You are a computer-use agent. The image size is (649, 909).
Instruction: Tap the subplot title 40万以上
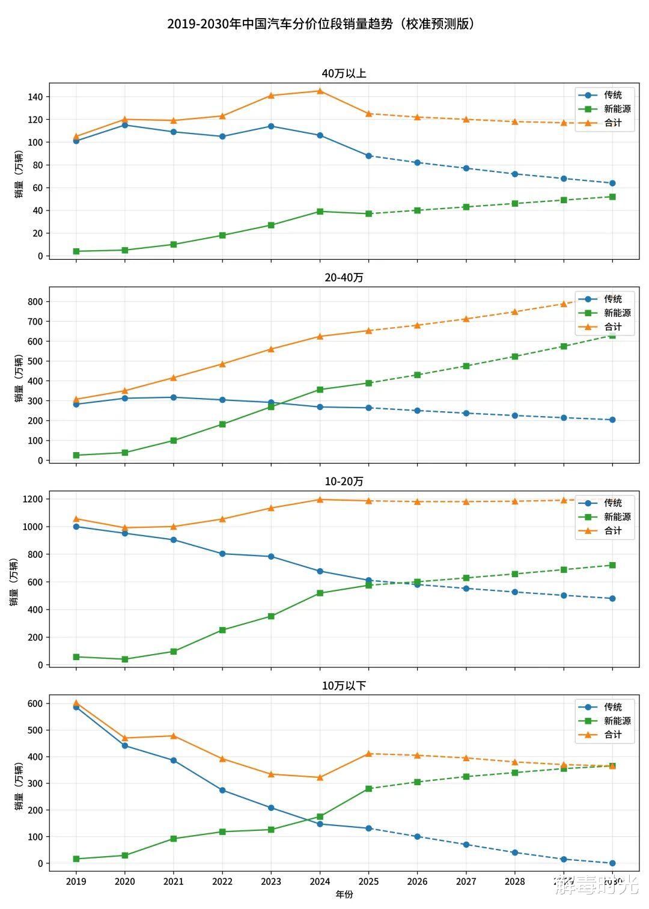pyautogui.click(x=344, y=73)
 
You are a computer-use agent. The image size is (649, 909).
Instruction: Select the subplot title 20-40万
pyautogui.click(x=344, y=278)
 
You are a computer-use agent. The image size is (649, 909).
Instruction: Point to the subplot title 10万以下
pyautogui.click(x=344, y=686)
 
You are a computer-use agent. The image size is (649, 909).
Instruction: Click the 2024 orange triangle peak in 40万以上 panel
pyautogui.click(x=320, y=91)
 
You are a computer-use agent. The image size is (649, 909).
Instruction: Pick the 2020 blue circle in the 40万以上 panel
pyautogui.click(x=125, y=125)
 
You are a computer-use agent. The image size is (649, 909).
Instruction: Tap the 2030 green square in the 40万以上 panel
pyautogui.click(x=612, y=197)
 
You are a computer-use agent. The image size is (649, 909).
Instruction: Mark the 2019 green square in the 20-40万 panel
pyautogui.click(x=76, y=455)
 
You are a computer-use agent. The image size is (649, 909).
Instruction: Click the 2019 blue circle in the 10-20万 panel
pyautogui.click(x=76, y=527)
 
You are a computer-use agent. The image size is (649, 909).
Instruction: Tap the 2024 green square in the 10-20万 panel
pyautogui.click(x=320, y=593)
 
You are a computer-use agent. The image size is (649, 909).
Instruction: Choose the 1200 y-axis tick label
pyautogui.click(x=32, y=499)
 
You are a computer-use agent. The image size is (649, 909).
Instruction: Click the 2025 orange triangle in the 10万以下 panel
pyautogui.click(x=368, y=753)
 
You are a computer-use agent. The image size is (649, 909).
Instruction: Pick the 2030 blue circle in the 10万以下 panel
pyautogui.click(x=612, y=863)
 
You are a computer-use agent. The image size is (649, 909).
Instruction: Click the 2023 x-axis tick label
pyautogui.click(x=271, y=882)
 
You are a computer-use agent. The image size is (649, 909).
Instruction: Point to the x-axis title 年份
pyautogui.click(x=344, y=895)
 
